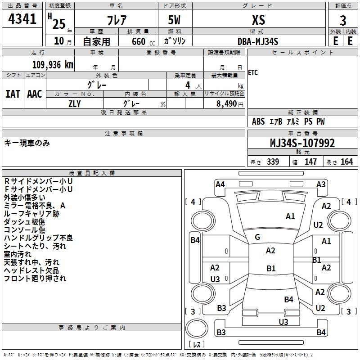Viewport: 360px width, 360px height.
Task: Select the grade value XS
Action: click(258, 20)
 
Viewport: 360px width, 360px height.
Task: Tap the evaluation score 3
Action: click(343, 21)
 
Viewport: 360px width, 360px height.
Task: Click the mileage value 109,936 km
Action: click(53, 64)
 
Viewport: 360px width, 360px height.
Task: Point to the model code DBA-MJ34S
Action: click(258, 41)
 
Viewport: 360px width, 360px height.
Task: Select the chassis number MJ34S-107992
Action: click(302, 144)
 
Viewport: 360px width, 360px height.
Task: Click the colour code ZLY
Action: click(74, 103)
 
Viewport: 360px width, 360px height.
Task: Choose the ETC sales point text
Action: click(253, 73)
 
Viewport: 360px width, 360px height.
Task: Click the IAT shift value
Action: click(13, 94)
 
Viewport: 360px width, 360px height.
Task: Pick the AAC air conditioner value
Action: click(35, 94)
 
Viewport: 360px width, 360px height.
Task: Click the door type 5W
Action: click(175, 20)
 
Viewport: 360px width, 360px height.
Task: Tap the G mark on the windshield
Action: click(257, 237)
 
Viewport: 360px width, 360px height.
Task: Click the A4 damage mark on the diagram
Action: click(220, 184)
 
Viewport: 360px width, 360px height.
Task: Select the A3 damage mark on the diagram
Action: click(321, 184)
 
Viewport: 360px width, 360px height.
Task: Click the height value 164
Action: click(346, 162)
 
